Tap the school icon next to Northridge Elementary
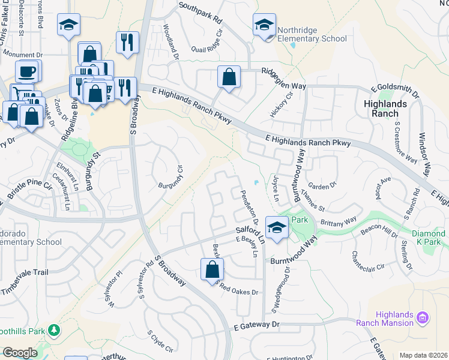point(264,25)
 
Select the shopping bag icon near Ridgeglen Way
point(229,77)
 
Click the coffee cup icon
point(27,72)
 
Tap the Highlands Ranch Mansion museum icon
point(423,316)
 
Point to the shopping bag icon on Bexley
point(212,269)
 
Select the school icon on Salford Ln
point(276,227)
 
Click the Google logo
point(20,353)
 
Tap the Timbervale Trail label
point(25,272)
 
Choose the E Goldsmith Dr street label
point(395,91)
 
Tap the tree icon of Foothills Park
point(54,331)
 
